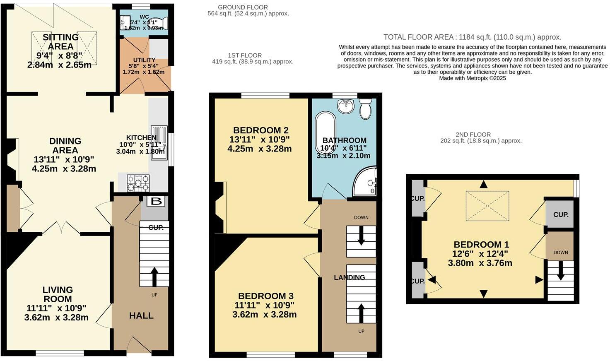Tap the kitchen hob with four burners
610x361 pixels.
[138, 183]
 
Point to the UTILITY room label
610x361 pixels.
[144, 60]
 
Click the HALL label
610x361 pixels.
[141, 315]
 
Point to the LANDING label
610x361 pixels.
[350, 277]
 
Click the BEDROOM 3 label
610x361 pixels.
[265, 296]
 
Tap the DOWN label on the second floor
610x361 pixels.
[561, 253]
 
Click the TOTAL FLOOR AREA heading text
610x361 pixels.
[472, 37]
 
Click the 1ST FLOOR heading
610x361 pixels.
[245, 55]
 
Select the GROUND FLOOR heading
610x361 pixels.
[243, 7]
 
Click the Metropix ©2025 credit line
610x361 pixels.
[472, 78]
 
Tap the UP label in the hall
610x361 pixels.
[154, 295]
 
